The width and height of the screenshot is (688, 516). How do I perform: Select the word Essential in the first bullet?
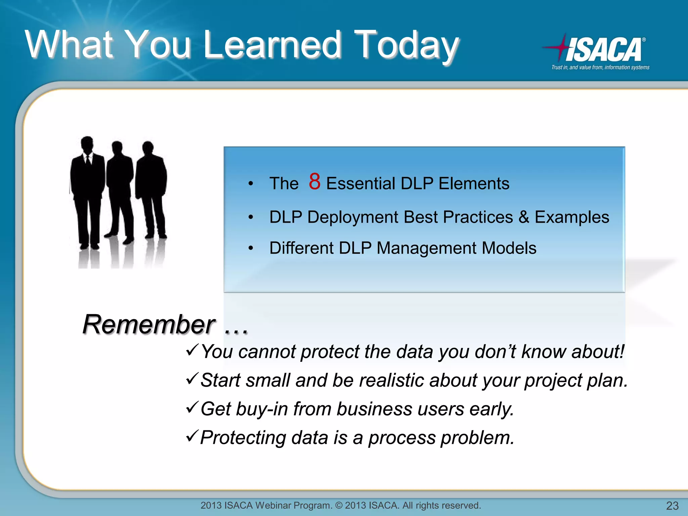pos(361,184)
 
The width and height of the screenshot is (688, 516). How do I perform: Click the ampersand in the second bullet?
pos(524,217)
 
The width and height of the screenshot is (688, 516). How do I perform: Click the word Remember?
pos(149,325)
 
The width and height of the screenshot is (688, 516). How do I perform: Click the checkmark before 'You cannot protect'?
pos(192,350)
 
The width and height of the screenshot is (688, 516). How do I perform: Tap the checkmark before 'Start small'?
pos(192,379)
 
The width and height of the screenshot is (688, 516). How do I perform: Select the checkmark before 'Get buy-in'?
pos(192,407)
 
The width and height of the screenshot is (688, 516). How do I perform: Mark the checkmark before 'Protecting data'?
pos(192,436)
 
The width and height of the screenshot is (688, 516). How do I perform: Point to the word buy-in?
pos(262,409)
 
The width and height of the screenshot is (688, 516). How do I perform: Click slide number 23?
pos(672,506)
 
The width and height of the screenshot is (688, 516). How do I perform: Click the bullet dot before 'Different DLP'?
pos(251,248)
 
